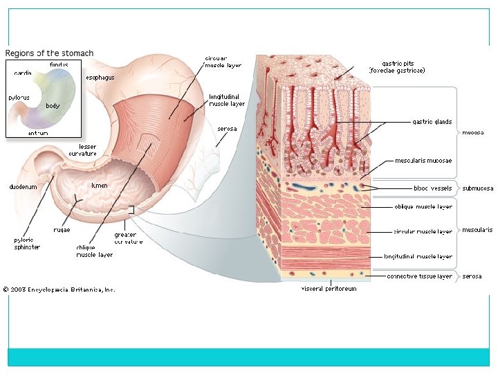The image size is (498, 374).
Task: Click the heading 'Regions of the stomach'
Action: tap(49, 53)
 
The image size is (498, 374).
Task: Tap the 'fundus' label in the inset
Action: tap(59, 64)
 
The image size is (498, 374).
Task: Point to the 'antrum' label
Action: tap(38, 132)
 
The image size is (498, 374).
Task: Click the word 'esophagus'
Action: tap(100, 78)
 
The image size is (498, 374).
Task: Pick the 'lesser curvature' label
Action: tap(82, 150)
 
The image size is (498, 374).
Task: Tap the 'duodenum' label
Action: tap(23, 187)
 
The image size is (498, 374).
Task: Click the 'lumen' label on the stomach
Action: tap(99, 186)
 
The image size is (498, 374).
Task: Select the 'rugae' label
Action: tap(62, 229)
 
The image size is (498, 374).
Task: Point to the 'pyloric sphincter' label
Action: tap(27, 243)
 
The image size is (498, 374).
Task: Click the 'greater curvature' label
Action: tap(129, 238)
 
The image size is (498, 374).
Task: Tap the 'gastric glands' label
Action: tap(432, 122)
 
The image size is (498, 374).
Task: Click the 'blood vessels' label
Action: tap(432, 188)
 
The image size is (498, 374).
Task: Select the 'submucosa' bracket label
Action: tap(478, 188)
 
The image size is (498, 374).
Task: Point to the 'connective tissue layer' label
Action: tap(419, 276)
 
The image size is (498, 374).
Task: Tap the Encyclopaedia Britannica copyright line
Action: tap(59, 290)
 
